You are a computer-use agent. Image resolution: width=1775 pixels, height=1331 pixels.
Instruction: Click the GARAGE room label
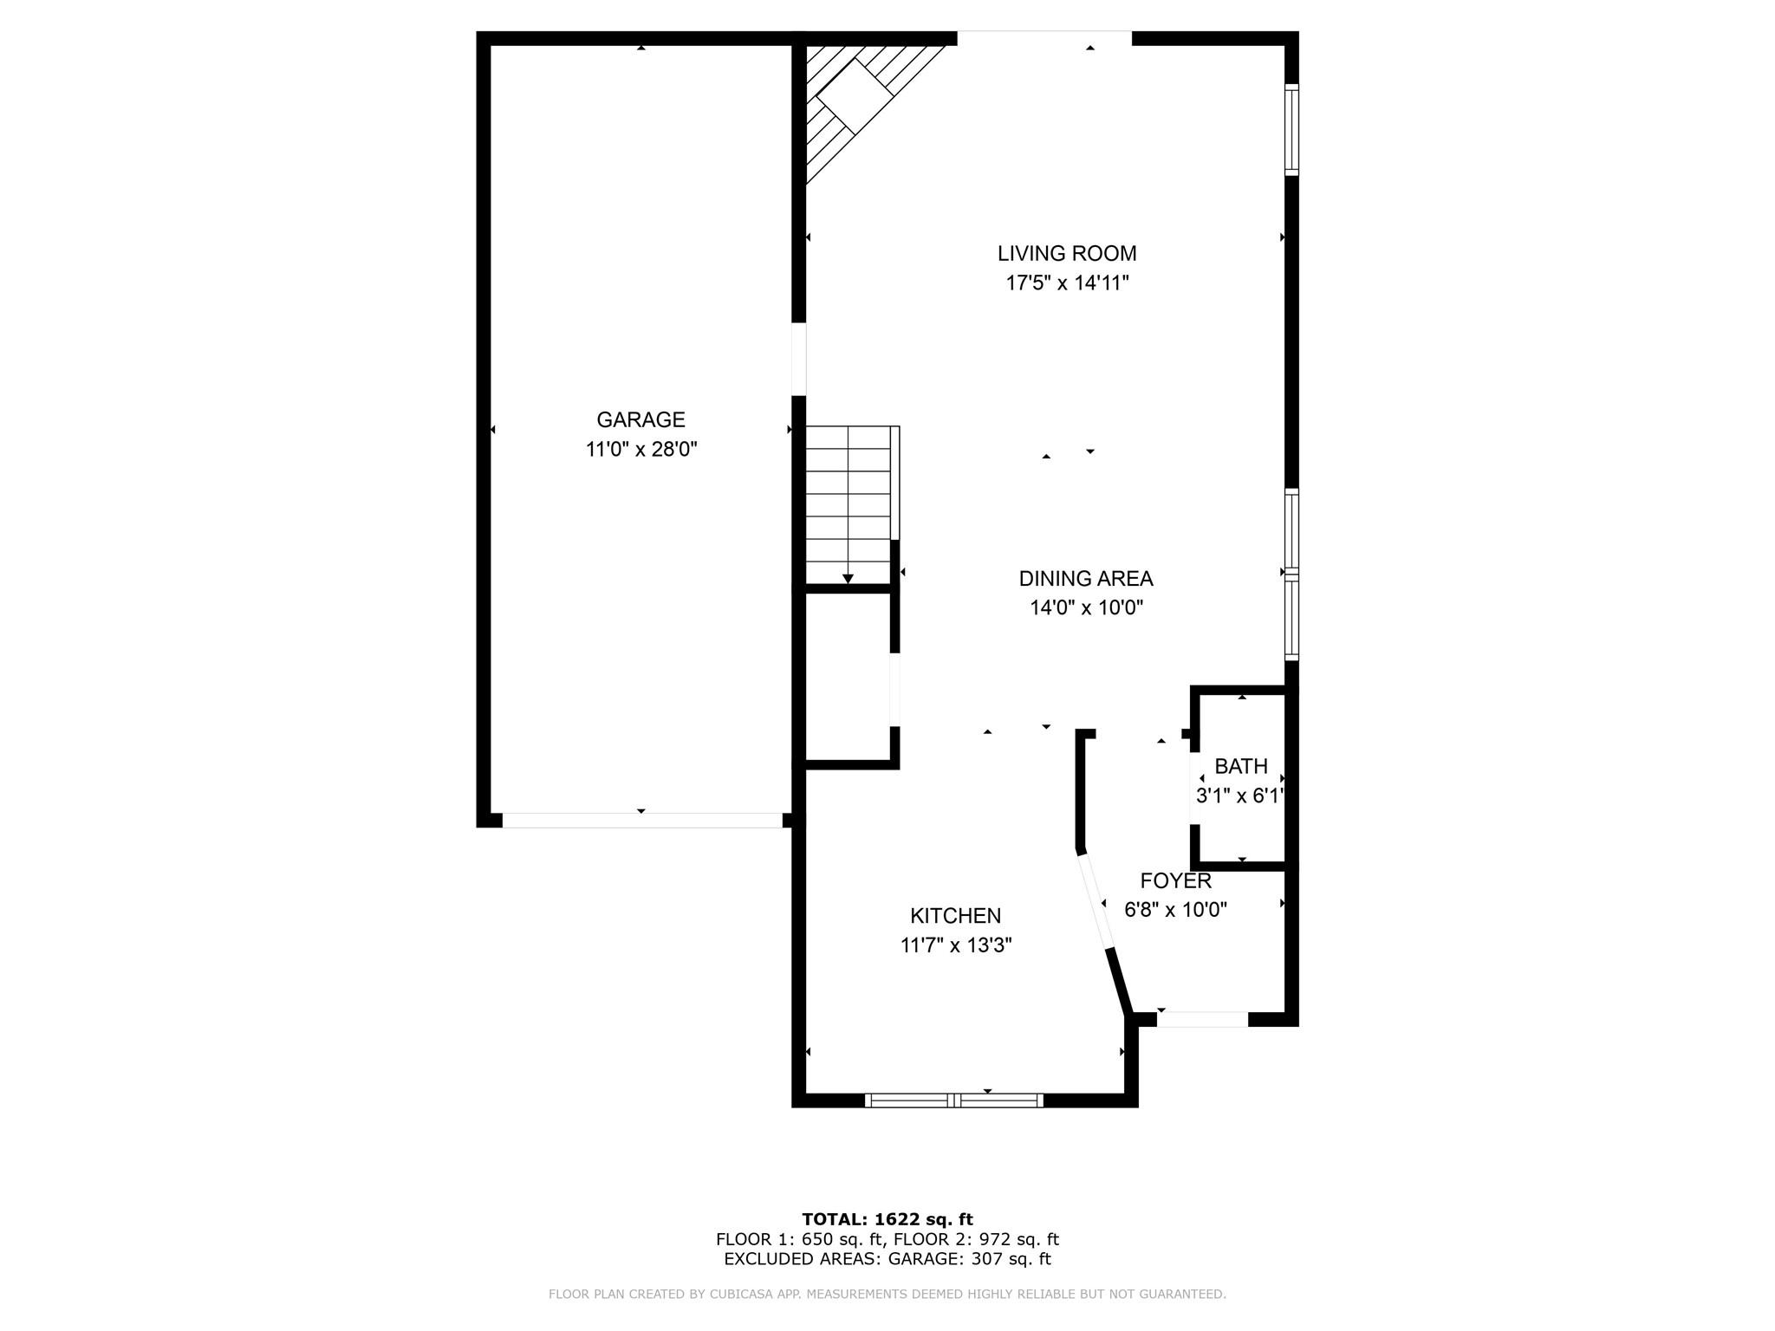coord(640,420)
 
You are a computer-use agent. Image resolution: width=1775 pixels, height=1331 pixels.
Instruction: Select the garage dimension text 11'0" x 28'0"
coord(640,450)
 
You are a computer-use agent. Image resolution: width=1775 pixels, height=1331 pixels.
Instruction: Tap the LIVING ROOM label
coord(1066,254)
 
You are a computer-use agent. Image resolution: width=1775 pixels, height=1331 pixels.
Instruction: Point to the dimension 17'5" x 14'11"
coord(1066,283)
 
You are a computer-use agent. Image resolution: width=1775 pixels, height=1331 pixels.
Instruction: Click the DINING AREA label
coord(1085,579)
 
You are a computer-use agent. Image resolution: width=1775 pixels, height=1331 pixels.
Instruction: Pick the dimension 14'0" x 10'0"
coord(1085,608)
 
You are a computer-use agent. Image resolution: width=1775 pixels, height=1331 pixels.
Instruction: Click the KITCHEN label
coord(955,916)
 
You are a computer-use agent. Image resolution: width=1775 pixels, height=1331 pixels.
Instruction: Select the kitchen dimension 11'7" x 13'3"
coord(955,945)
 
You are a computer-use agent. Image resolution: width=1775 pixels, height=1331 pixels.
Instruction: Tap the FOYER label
coord(1175,881)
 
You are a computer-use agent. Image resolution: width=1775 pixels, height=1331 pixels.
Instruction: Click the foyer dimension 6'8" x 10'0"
coord(1175,910)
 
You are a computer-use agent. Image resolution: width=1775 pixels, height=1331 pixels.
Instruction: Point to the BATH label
coord(1240,767)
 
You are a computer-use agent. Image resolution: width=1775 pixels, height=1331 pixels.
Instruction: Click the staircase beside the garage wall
coord(849,503)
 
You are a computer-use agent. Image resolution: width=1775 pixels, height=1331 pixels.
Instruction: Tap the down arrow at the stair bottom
coord(848,578)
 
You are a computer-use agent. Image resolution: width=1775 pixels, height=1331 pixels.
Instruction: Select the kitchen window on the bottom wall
coord(953,1101)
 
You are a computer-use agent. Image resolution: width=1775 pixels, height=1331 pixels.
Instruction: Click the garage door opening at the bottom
coord(641,820)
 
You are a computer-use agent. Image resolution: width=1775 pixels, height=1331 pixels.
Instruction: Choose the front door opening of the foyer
coord(1202,1020)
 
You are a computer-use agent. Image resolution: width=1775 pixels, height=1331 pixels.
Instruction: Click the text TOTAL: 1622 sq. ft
coord(887,1219)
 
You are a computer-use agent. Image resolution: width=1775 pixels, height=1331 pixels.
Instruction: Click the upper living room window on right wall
coord(1291,130)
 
